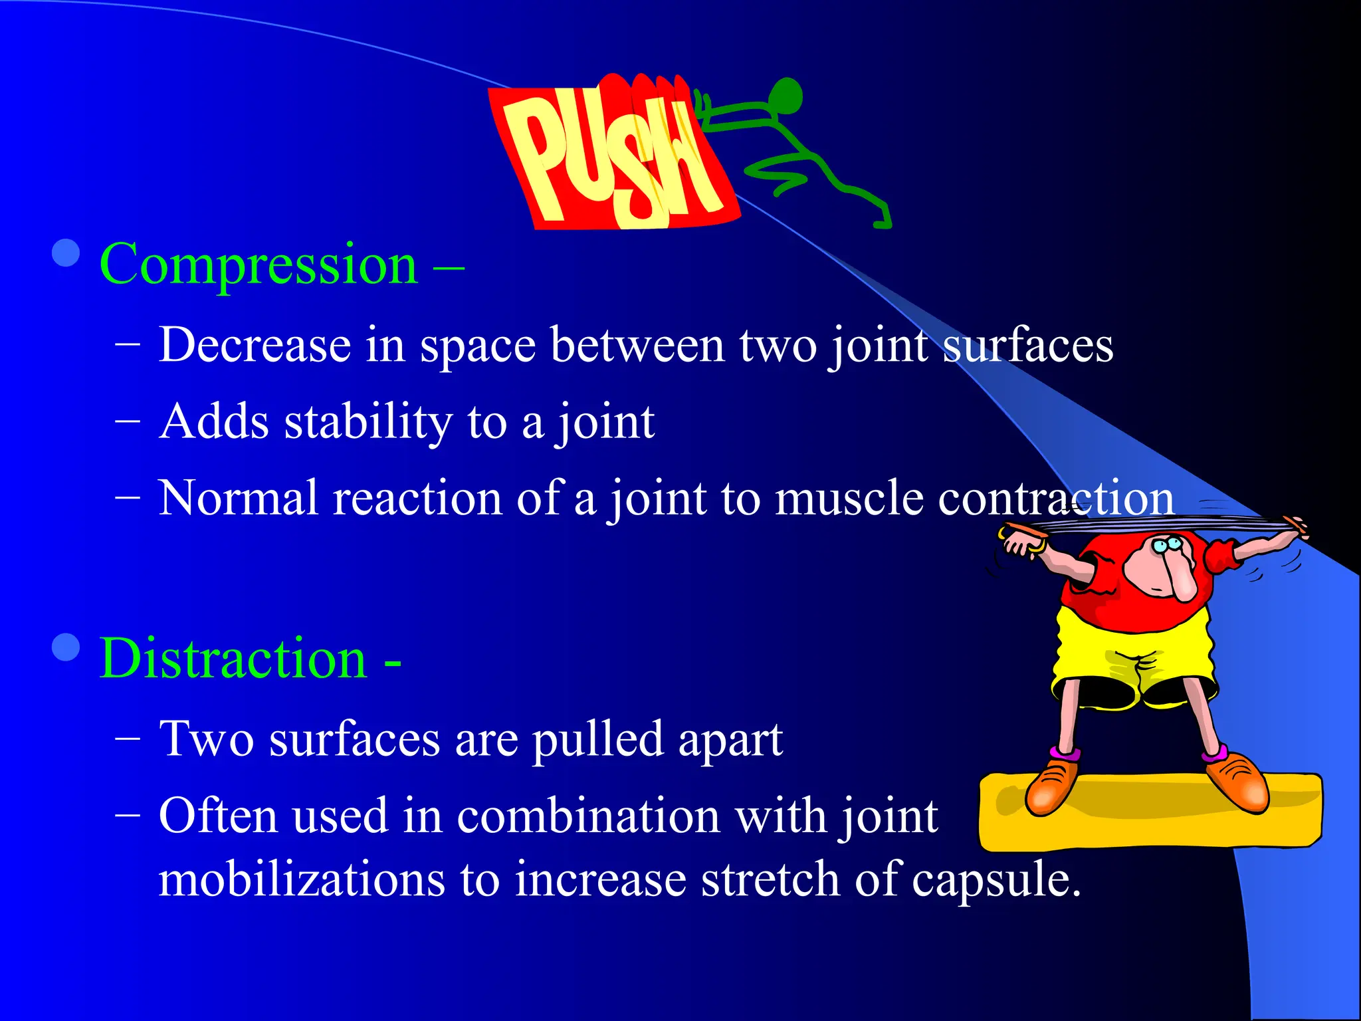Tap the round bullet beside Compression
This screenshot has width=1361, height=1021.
pos(66,253)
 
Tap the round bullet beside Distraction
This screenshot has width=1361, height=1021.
pos(66,647)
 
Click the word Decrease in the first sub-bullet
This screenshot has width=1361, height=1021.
pos(255,345)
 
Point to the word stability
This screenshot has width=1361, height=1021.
pos(368,423)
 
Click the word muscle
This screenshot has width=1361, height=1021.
pos(849,498)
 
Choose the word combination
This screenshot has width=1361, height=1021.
pos(588,816)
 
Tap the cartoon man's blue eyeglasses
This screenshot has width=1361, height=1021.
pos(1167,546)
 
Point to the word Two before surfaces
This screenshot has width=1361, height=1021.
pos(206,739)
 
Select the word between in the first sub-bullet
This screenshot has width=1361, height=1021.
pos(637,345)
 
